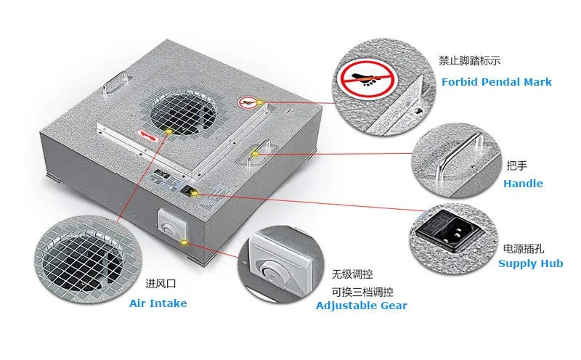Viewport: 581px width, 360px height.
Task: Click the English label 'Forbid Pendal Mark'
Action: pos(496,82)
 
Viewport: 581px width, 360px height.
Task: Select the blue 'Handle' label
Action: pos(523,184)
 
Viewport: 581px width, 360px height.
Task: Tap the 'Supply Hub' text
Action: pos(530,263)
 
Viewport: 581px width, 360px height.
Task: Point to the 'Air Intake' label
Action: pos(158,303)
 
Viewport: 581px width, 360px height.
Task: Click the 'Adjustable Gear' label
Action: pos(361,306)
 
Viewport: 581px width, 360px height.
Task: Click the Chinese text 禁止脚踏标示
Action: pos(469,60)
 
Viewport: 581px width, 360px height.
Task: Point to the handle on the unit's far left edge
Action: pos(115,81)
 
